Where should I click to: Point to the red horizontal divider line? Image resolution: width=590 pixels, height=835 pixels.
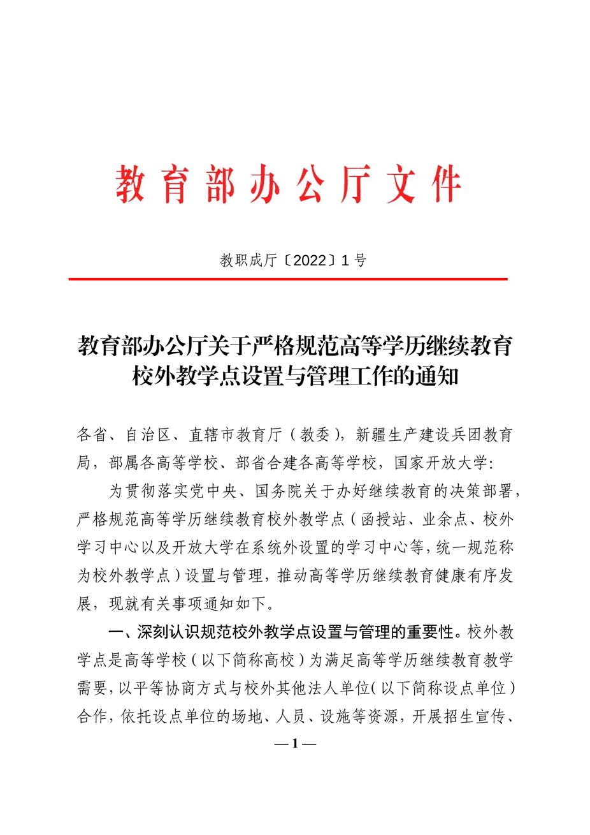pos(288,279)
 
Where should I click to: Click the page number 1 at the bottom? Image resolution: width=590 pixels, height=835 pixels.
pos(294,743)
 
